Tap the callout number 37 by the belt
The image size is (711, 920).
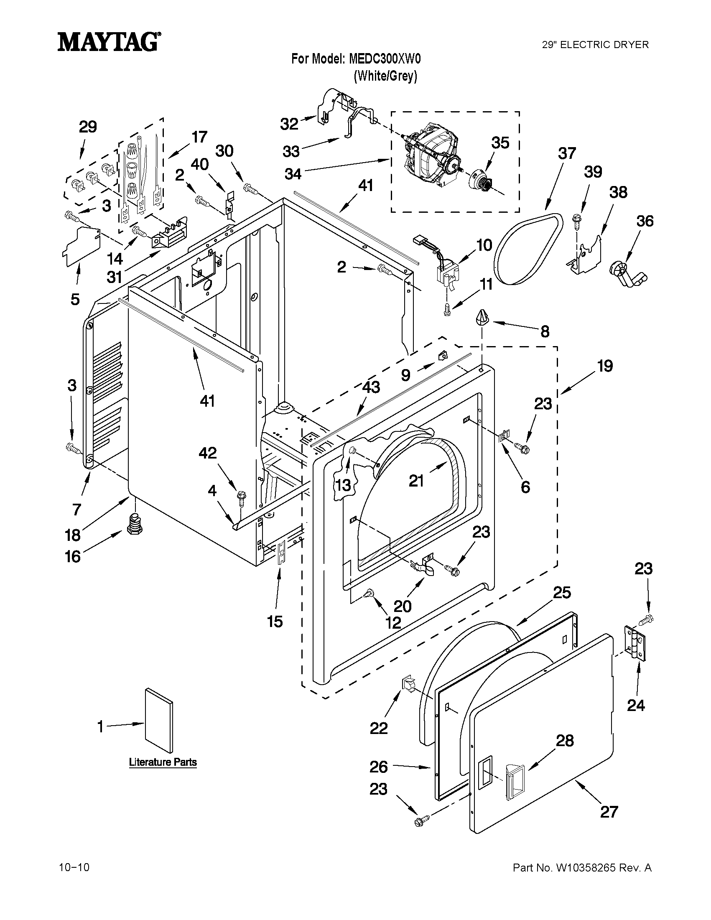pyautogui.click(x=566, y=153)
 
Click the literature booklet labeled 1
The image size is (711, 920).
pyautogui.click(x=159, y=721)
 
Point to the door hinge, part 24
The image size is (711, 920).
pyautogui.click(x=635, y=645)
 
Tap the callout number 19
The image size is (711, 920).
pyautogui.click(x=605, y=366)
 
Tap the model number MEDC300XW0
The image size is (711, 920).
pyautogui.click(x=385, y=59)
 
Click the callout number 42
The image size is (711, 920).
pyautogui.click(x=207, y=453)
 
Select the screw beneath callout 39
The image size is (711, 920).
pyautogui.click(x=577, y=221)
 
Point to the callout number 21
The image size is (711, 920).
pyautogui.click(x=416, y=480)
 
